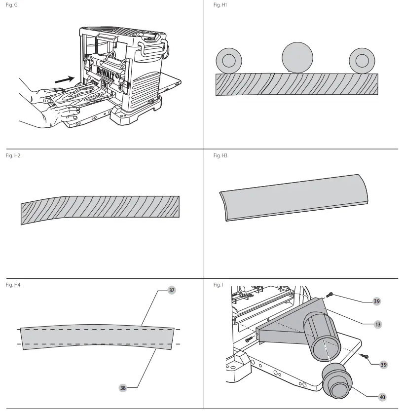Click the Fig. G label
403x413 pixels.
point(10,4)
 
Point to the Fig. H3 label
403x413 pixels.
point(220,155)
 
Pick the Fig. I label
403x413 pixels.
point(218,285)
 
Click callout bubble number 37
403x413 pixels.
point(171,291)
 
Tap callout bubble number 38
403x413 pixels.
point(123,388)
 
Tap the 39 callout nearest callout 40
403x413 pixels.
point(383,365)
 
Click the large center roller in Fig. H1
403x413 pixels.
point(297,57)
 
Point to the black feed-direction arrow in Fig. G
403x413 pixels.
point(66,77)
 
